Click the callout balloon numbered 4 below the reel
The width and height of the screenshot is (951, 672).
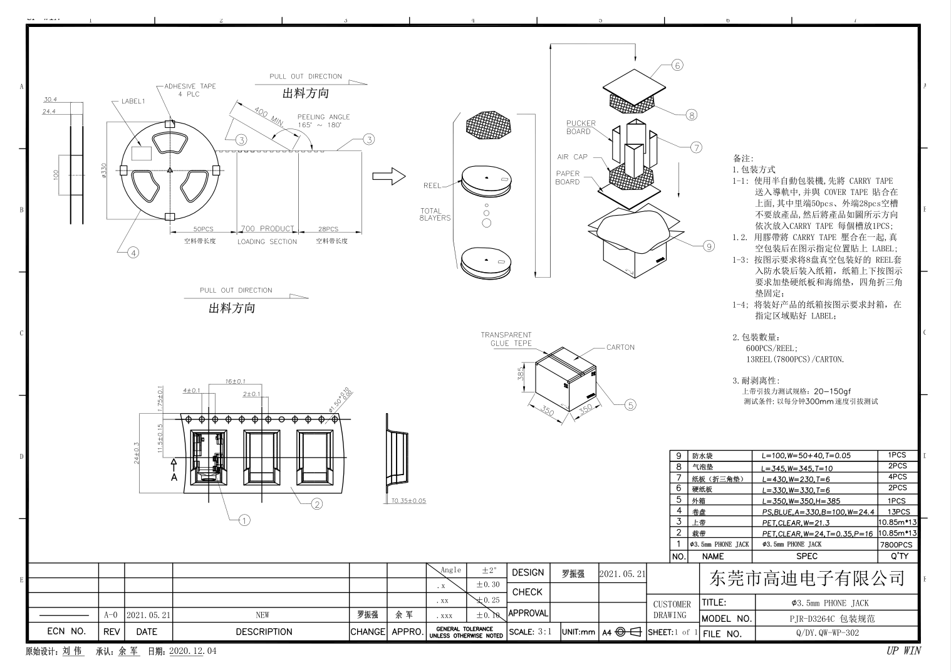coord(133,253)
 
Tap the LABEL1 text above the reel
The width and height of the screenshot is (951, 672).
coord(133,101)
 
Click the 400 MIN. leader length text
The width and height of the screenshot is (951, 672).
coord(268,116)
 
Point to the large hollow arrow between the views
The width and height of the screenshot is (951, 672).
coord(389,176)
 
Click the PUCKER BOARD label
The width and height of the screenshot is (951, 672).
coord(581,127)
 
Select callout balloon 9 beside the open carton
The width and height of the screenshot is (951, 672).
coord(709,246)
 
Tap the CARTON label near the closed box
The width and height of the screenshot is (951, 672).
coord(620,347)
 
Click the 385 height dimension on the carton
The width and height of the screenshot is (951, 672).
coord(521,374)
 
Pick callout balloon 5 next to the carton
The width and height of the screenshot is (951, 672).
coord(630,405)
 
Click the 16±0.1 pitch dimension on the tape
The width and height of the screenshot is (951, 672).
coord(235,381)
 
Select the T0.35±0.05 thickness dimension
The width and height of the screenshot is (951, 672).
coord(408,501)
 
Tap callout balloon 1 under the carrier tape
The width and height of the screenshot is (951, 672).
coord(244,520)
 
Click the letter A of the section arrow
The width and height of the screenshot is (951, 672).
coord(174,477)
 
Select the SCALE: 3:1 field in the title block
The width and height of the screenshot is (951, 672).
coord(530,632)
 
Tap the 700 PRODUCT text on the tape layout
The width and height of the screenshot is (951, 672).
coord(268,229)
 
